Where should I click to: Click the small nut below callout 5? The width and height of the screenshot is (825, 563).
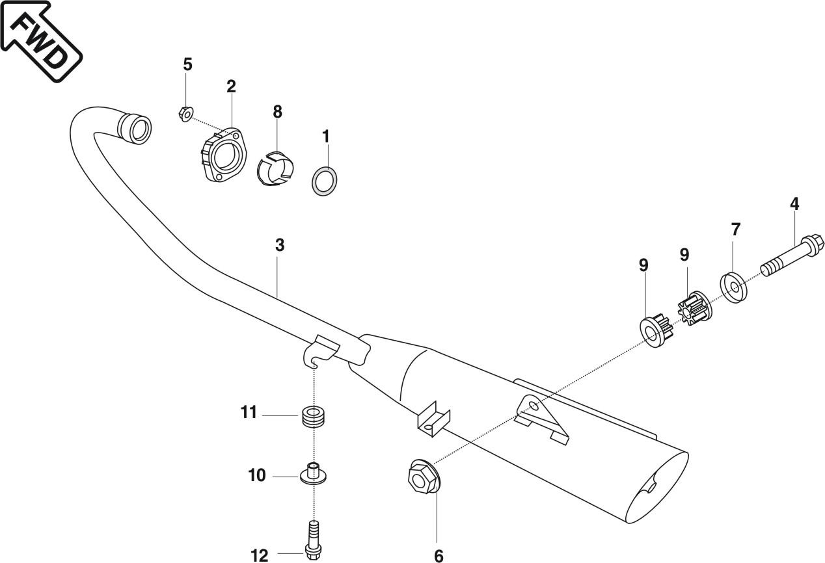pos(184,114)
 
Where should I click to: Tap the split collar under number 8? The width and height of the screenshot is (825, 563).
pos(276,168)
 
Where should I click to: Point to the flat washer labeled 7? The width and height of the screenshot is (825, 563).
pos(734,287)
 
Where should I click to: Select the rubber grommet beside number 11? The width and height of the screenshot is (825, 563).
pos(314,416)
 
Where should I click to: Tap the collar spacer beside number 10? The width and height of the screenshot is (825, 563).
pos(313,473)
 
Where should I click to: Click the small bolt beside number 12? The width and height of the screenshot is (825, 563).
pos(313,540)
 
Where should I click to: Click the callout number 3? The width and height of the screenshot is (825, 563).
pos(280,245)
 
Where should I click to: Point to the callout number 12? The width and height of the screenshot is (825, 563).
pos(259,555)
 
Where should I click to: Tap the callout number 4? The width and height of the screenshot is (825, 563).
pos(794,203)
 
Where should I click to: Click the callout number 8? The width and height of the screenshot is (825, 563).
pos(278,111)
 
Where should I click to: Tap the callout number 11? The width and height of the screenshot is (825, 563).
pos(249,413)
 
